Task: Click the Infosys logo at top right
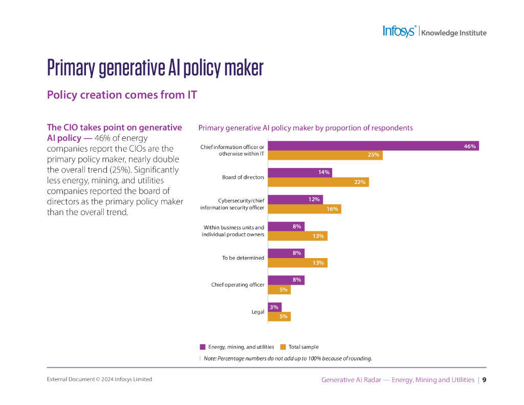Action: (400, 31)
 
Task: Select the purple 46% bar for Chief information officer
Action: (373, 146)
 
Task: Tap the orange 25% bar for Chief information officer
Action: (325, 155)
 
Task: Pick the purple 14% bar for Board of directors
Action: (300, 173)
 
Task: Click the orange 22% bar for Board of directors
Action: (318, 182)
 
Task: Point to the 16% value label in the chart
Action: (333, 209)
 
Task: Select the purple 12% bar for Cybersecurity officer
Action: (295, 199)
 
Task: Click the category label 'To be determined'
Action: (243, 258)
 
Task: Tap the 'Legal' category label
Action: (258, 312)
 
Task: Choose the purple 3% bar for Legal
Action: (274, 307)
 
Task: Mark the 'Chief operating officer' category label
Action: (238, 285)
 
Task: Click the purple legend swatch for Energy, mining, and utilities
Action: (203, 347)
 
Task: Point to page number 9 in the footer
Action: (484, 380)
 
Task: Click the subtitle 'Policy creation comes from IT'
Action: (122, 95)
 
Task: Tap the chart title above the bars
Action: (305, 128)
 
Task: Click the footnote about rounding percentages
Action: (288, 358)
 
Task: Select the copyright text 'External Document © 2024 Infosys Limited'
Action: (99, 379)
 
